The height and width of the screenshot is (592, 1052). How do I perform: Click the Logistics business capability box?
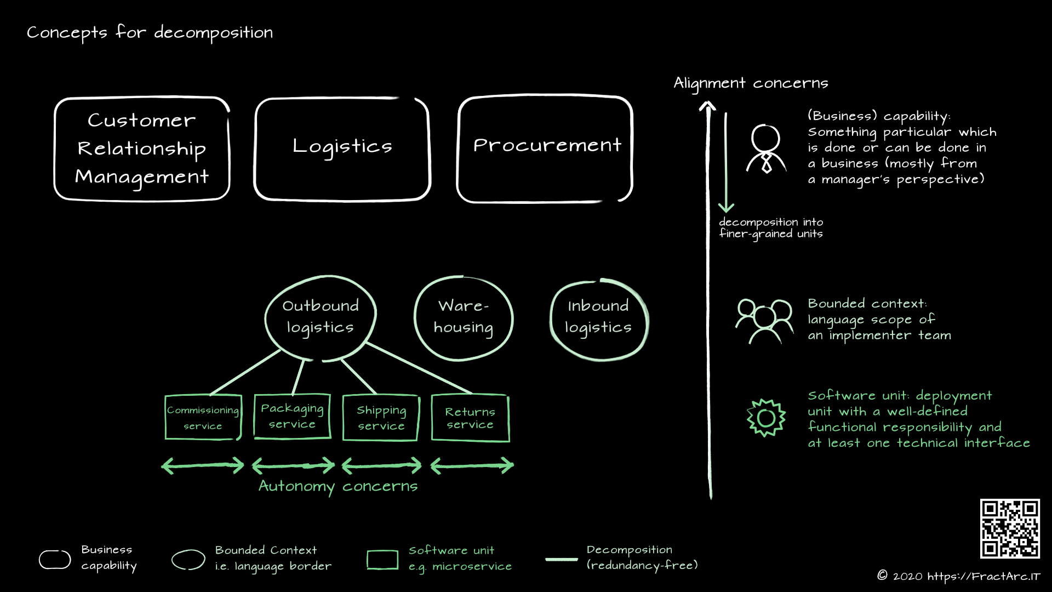point(342,148)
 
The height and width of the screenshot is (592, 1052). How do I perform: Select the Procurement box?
point(545,148)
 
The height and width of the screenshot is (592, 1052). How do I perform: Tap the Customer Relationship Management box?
point(142,148)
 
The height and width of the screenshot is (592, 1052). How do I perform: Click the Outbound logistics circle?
point(321,317)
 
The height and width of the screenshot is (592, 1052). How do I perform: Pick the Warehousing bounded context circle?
point(464,318)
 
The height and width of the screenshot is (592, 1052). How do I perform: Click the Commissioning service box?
point(203,417)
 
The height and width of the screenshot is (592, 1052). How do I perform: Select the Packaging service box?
point(292,416)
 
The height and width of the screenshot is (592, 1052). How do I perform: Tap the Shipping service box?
point(381,418)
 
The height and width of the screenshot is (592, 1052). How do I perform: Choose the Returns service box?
point(470,418)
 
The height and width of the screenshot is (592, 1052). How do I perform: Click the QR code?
point(1009,528)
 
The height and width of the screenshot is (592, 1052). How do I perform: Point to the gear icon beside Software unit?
point(766,418)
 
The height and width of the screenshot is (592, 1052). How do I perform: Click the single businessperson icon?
point(766,149)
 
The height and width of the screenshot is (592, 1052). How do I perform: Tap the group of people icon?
point(764,321)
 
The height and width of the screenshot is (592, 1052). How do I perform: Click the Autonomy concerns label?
point(338,486)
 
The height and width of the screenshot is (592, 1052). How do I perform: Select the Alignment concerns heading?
point(751,83)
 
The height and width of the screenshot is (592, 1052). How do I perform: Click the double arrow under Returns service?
point(472,466)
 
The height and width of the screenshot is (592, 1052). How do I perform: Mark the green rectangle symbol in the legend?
point(382,560)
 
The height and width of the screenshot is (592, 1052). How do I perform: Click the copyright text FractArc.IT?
point(958,576)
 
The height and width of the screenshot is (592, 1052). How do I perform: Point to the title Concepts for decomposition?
point(150,33)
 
